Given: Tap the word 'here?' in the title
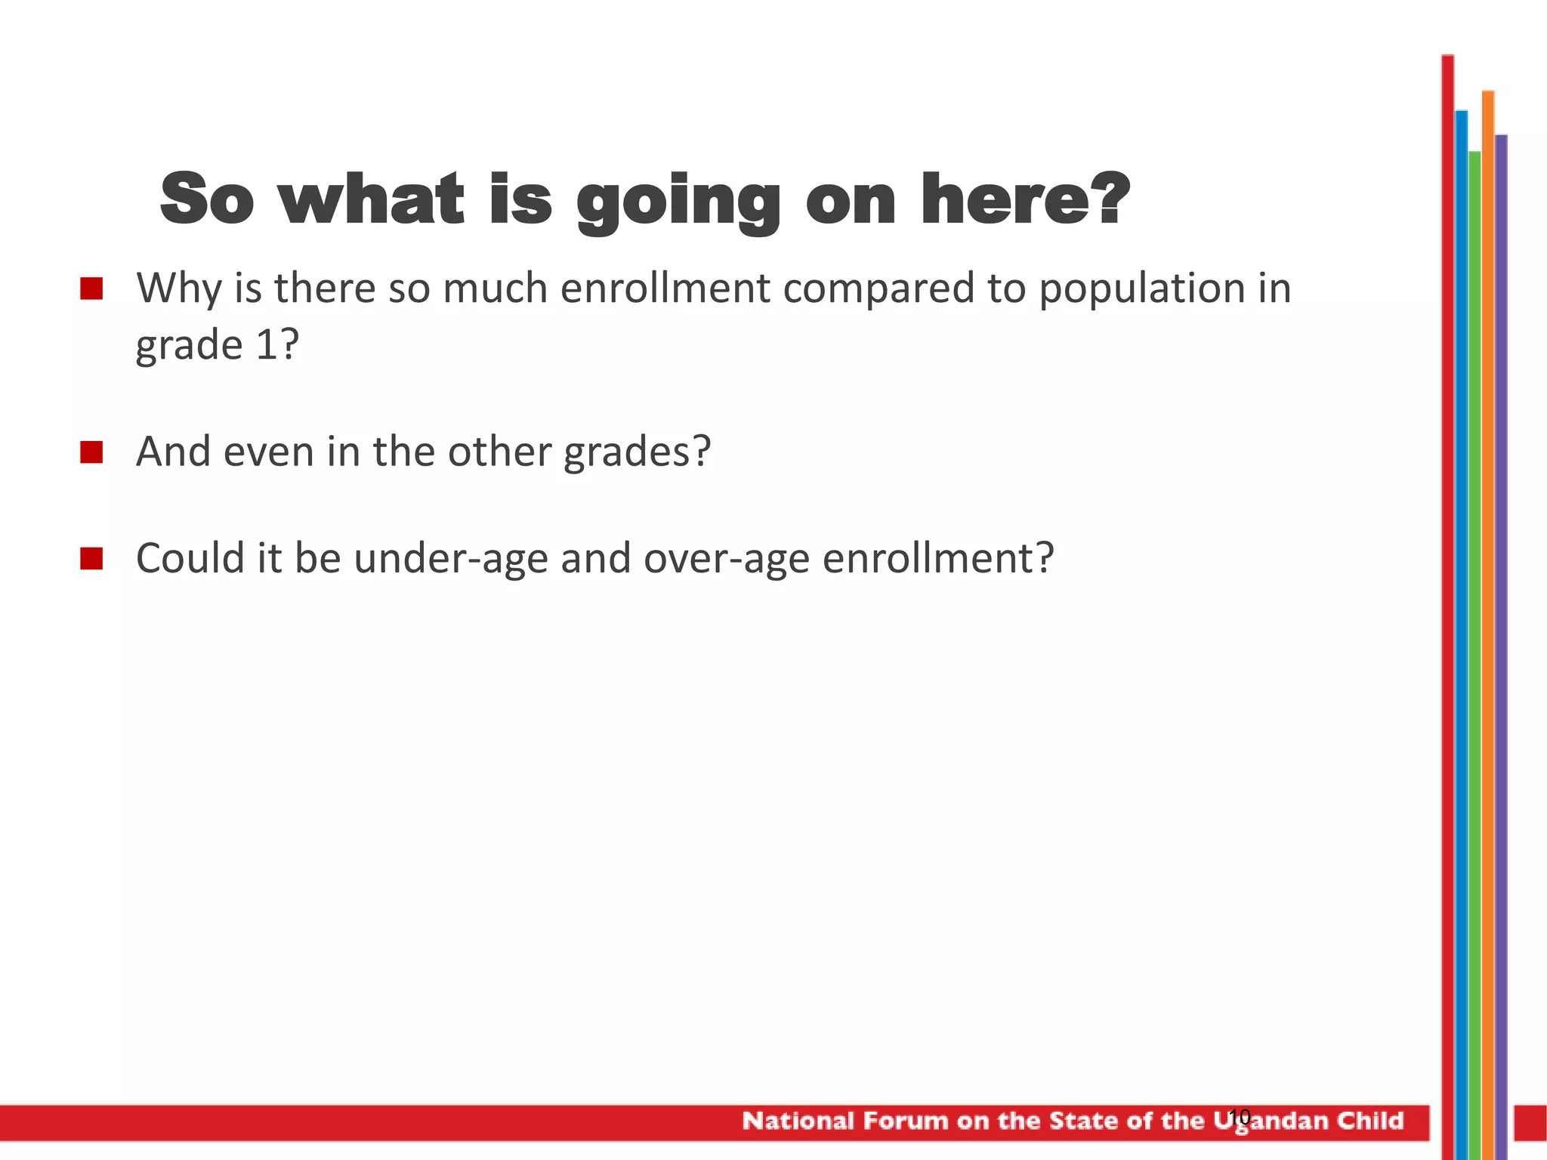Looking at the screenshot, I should (1025, 199).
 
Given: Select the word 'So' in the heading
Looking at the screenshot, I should (206, 199).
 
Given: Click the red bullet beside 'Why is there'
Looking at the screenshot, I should (91, 289).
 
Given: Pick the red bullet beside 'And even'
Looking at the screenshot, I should (91, 452).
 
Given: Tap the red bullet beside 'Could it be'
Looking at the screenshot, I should (91, 559).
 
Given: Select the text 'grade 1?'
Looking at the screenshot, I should (218, 346).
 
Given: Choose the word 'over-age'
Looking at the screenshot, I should (727, 560).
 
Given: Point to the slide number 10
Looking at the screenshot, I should (1240, 1116).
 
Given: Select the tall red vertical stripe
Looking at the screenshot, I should (1447, 604).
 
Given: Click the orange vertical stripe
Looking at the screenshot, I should (1488, 604).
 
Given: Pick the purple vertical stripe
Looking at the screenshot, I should (1501, 604).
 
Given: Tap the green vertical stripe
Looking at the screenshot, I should (1474, 604).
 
